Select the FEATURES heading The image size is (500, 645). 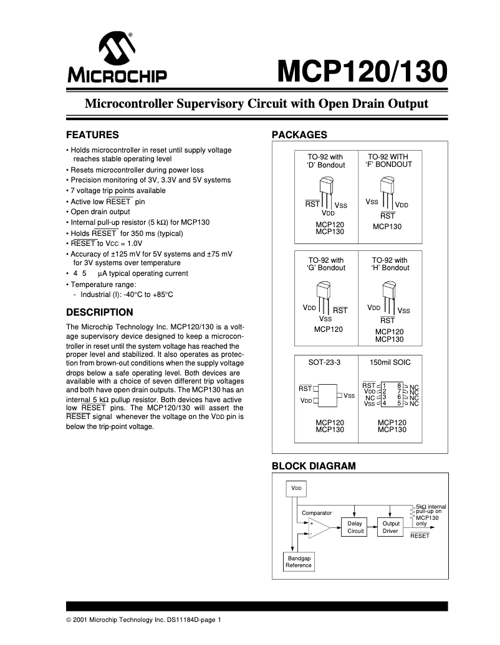pos(92,134)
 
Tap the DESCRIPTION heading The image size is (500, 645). pos(100,312)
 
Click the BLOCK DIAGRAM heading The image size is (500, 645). pos(314,466)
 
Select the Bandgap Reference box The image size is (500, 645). pos(298,562)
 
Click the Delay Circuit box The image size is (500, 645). pos(355,527)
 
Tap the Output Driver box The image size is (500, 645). pos(390,527)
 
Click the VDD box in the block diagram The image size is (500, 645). pos(296,489)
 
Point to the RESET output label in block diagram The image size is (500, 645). pos(420,535)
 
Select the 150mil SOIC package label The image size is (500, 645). pos(390,362)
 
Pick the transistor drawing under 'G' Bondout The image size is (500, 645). pos(325,292)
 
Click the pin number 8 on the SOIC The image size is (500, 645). pos(398,386)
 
